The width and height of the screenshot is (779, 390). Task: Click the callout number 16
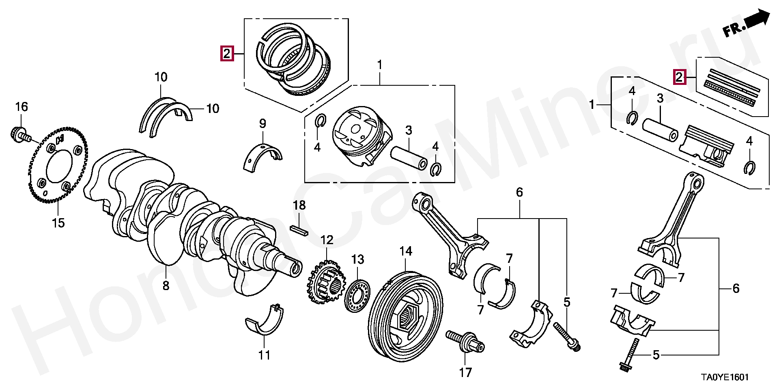22,107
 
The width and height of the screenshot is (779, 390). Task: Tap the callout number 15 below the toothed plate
58,223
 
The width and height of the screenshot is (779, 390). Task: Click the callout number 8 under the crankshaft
166,286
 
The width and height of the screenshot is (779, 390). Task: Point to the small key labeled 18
299,230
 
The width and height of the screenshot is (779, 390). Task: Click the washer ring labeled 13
358,295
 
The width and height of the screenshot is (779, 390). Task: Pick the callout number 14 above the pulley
406,251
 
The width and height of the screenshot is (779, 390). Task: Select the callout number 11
264,355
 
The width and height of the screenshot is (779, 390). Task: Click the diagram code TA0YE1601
725,377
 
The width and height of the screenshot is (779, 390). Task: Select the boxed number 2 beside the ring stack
227,53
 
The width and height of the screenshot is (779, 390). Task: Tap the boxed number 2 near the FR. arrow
679,77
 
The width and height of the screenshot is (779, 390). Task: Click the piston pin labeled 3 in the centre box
409,158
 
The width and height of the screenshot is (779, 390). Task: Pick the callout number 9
263,123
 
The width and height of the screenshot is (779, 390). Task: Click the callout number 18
299,205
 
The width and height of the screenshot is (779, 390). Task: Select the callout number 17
465,372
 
